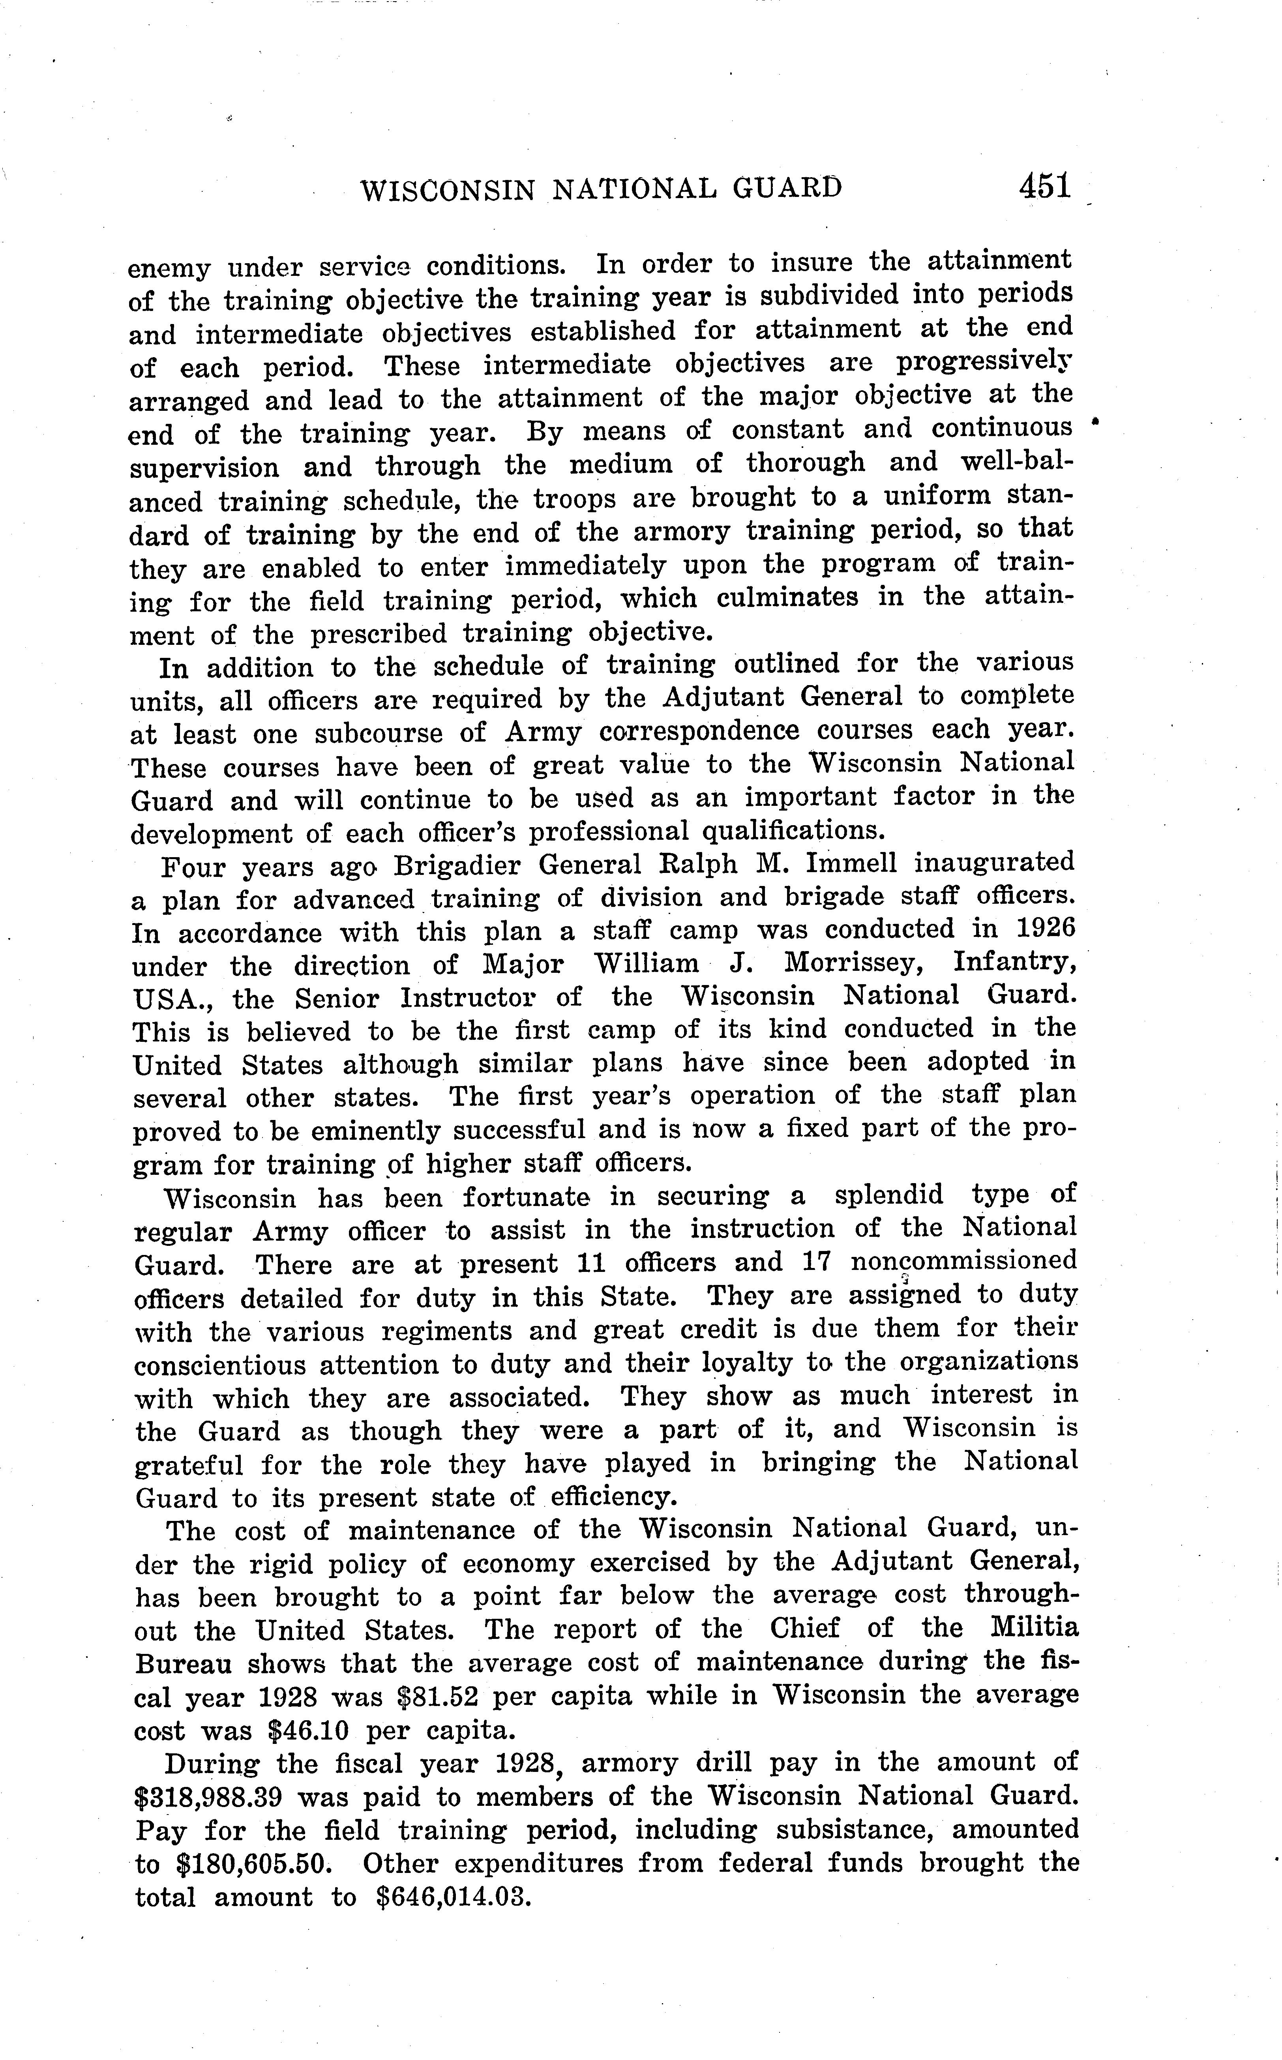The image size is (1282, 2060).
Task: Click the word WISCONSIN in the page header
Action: (x=448, y=191)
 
